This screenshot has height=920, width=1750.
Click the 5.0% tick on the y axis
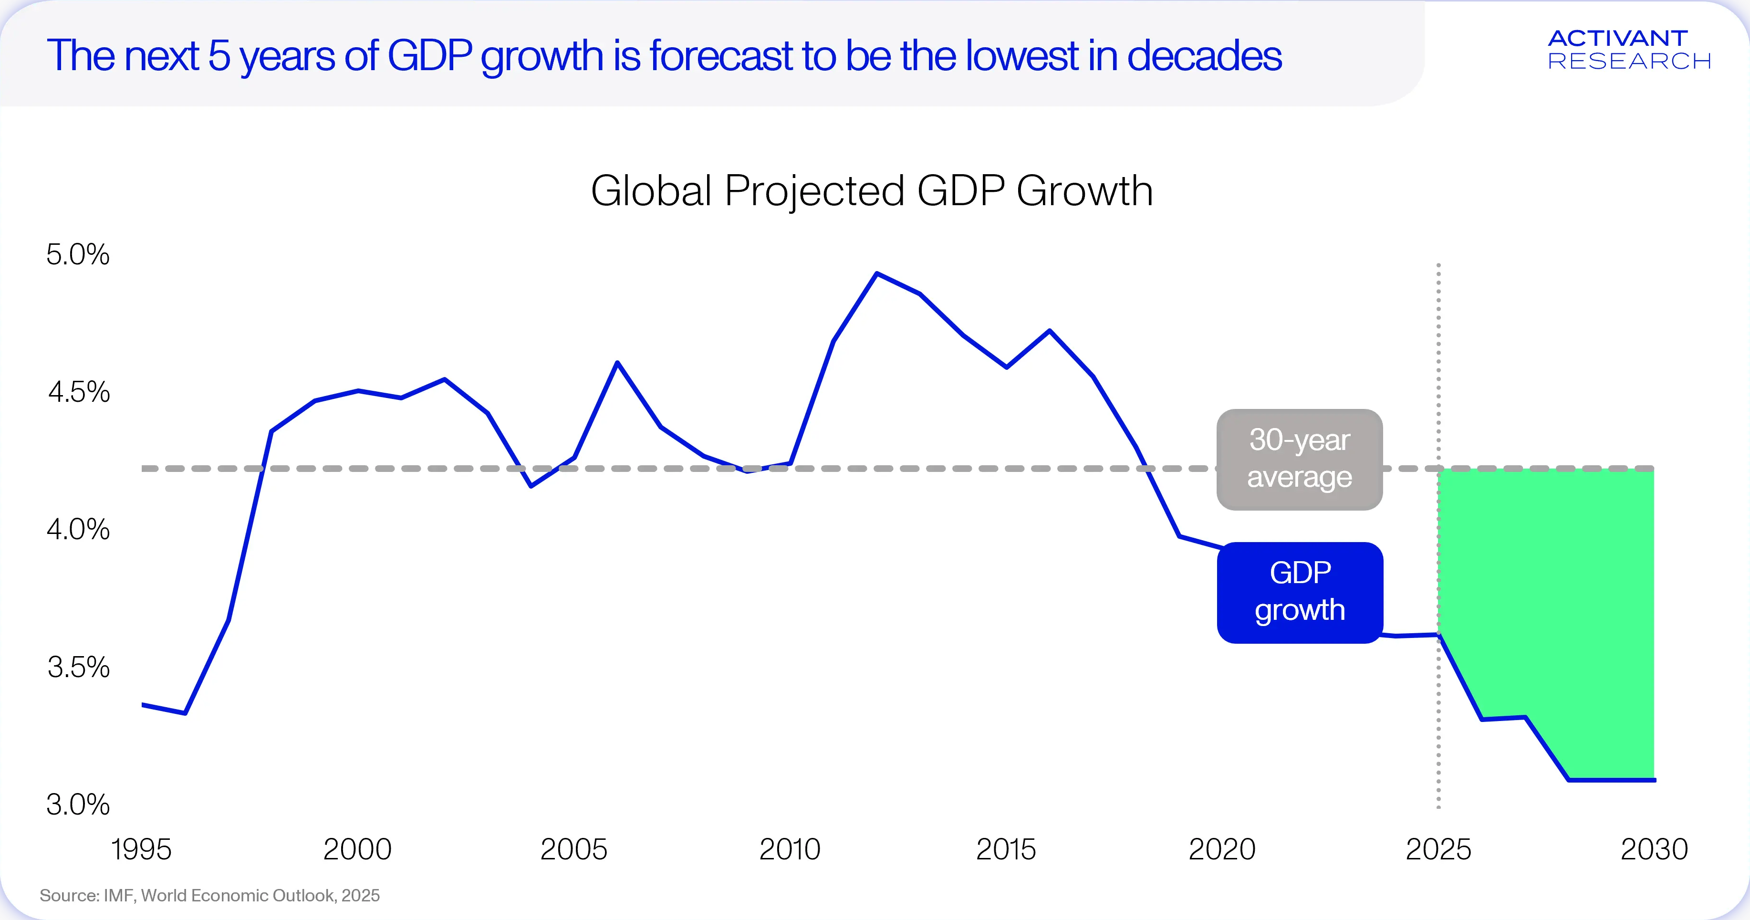pyautogui.click(x=77, y=255)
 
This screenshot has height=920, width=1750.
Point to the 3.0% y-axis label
pyautogui.click(x=77, y=805)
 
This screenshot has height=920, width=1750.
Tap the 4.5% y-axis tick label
pyautogui.click(x=79, y=392)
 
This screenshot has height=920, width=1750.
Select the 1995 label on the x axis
pyautogui.click(x=141, y=849)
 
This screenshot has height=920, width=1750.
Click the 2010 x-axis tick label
pyautogui.click(x=790, y=849)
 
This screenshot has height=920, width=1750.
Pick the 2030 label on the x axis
pyautogui.click(x=1654, y=849)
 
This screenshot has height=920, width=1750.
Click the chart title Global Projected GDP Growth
pyautogui.click(x=872, y=191)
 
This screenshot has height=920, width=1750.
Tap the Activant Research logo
pyautogui.click(x=1629, y=50)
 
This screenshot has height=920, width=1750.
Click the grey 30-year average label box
pyautogui.click(x=1300, y=460)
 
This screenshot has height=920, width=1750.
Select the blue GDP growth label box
pyautogui.click(x=1300, y=593)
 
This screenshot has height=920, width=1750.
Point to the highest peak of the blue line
pyautogui.click(x=877, y=273)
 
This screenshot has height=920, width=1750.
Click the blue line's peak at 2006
pyautogui.click(x=617, y=362)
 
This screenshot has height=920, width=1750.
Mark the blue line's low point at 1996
pyautogui.click(x=185, y=713)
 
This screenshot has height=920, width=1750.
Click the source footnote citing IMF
pyautogui.click(x=209, y=896)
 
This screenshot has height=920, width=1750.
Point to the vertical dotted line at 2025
pyautogui.click(x=1438, y=535)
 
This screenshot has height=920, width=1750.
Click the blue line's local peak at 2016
pyautogui.click(x=1050, y=331)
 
